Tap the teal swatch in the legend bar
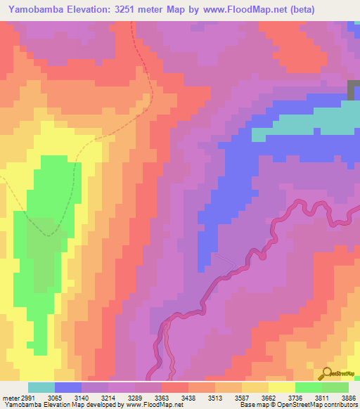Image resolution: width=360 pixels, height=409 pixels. point(41,387)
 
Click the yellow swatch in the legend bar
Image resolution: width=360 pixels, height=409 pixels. point(281,387)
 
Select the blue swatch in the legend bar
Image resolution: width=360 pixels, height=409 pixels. point(68,387)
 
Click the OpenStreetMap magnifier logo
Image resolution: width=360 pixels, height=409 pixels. point(326,373)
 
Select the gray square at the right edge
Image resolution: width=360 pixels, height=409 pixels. point(354,91)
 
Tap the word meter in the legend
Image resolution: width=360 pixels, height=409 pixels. point(10,397)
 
